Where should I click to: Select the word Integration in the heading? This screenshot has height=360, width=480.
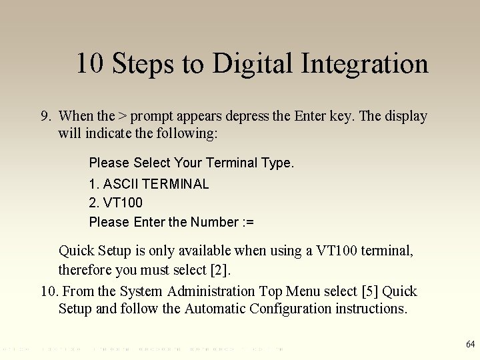coord(365,64)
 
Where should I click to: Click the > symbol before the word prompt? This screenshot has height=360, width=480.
coord(123,117)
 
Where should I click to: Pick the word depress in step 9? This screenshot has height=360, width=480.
coord(247,116)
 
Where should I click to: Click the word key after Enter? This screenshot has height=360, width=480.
coord(342,116)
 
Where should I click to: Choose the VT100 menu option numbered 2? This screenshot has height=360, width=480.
coord(123,203)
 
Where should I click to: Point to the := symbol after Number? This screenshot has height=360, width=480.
coord(248,222)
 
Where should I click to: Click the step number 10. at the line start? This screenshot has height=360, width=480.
coord(49,291)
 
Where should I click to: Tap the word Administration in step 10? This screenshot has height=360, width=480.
coord(211,291)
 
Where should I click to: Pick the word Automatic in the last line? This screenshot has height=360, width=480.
coord(215,309)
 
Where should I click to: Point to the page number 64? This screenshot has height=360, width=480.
coord(470,345)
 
